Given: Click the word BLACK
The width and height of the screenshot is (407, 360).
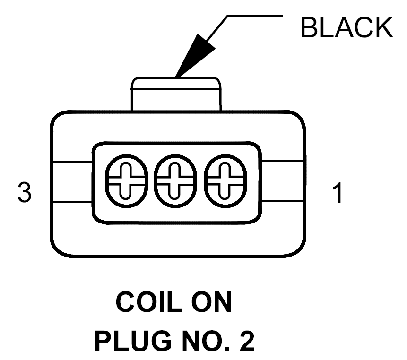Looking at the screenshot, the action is point(347,27).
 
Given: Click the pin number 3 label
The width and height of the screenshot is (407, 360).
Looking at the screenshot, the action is point(25,192).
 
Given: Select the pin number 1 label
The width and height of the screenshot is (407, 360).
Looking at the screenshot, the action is point(338,192).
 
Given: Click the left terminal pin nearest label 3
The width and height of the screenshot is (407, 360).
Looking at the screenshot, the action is point(126,181).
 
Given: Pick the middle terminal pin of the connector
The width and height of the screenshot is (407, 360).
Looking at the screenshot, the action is point(175,181).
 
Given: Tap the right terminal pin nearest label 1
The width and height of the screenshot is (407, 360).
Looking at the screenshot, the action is point(225,181).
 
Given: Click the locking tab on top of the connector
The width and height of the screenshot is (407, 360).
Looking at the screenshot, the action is point(176,94).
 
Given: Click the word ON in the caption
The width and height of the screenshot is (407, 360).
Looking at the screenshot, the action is point(212,302).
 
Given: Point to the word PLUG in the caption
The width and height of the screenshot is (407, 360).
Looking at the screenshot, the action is point(133,341).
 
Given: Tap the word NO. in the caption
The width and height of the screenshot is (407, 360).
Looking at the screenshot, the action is point(206,341).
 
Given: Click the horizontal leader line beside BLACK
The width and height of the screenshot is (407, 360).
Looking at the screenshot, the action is point(255,16).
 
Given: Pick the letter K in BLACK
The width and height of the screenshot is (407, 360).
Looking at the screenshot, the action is point(383,27).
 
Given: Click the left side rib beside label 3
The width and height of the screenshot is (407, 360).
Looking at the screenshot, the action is point(72,182).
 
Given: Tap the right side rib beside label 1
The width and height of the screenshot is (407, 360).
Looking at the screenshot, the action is point(282,181).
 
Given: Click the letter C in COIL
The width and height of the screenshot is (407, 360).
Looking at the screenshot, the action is point(125,302).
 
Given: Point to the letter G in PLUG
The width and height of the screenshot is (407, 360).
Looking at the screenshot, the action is point(161,341).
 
